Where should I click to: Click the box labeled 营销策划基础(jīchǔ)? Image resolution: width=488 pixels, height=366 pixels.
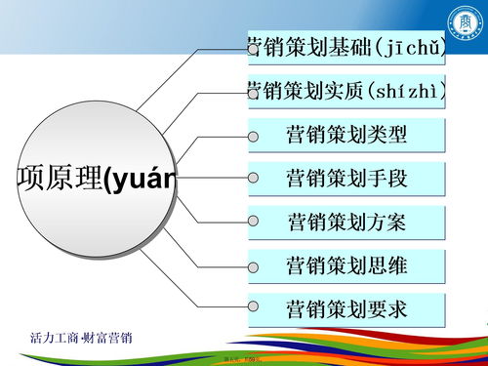[x=347, y=47]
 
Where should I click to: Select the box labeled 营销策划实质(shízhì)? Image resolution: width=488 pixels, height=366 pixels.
[x=347, y=91]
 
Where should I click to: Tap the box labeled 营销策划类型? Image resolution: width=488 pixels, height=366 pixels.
[x=347, y=135]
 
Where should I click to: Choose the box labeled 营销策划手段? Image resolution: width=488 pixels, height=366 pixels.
[x=347, y=179]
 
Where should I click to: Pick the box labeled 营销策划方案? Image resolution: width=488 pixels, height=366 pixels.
[x=347, y=222]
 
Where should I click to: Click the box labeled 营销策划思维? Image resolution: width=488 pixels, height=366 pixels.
[x=347, y=265]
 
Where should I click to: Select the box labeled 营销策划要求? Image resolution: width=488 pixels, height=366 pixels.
[x=347, y=309]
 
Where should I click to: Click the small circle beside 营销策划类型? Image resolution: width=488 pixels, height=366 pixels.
[x=254, y=136]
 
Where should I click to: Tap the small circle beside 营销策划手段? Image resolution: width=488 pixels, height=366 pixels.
[x=254, y=179]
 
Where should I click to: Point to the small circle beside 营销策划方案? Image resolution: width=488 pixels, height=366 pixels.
[x=254, y=223]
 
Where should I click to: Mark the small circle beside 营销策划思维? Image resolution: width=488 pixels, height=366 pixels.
[x=254, y=266]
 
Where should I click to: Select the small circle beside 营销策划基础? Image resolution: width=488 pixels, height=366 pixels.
[x=253, y=48]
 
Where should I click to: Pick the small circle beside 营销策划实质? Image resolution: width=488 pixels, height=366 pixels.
[x=253, y=92]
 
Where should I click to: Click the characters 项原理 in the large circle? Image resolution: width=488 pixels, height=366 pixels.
[x=60, y=179]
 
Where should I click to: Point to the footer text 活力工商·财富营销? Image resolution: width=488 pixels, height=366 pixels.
[x=83, y=338]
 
